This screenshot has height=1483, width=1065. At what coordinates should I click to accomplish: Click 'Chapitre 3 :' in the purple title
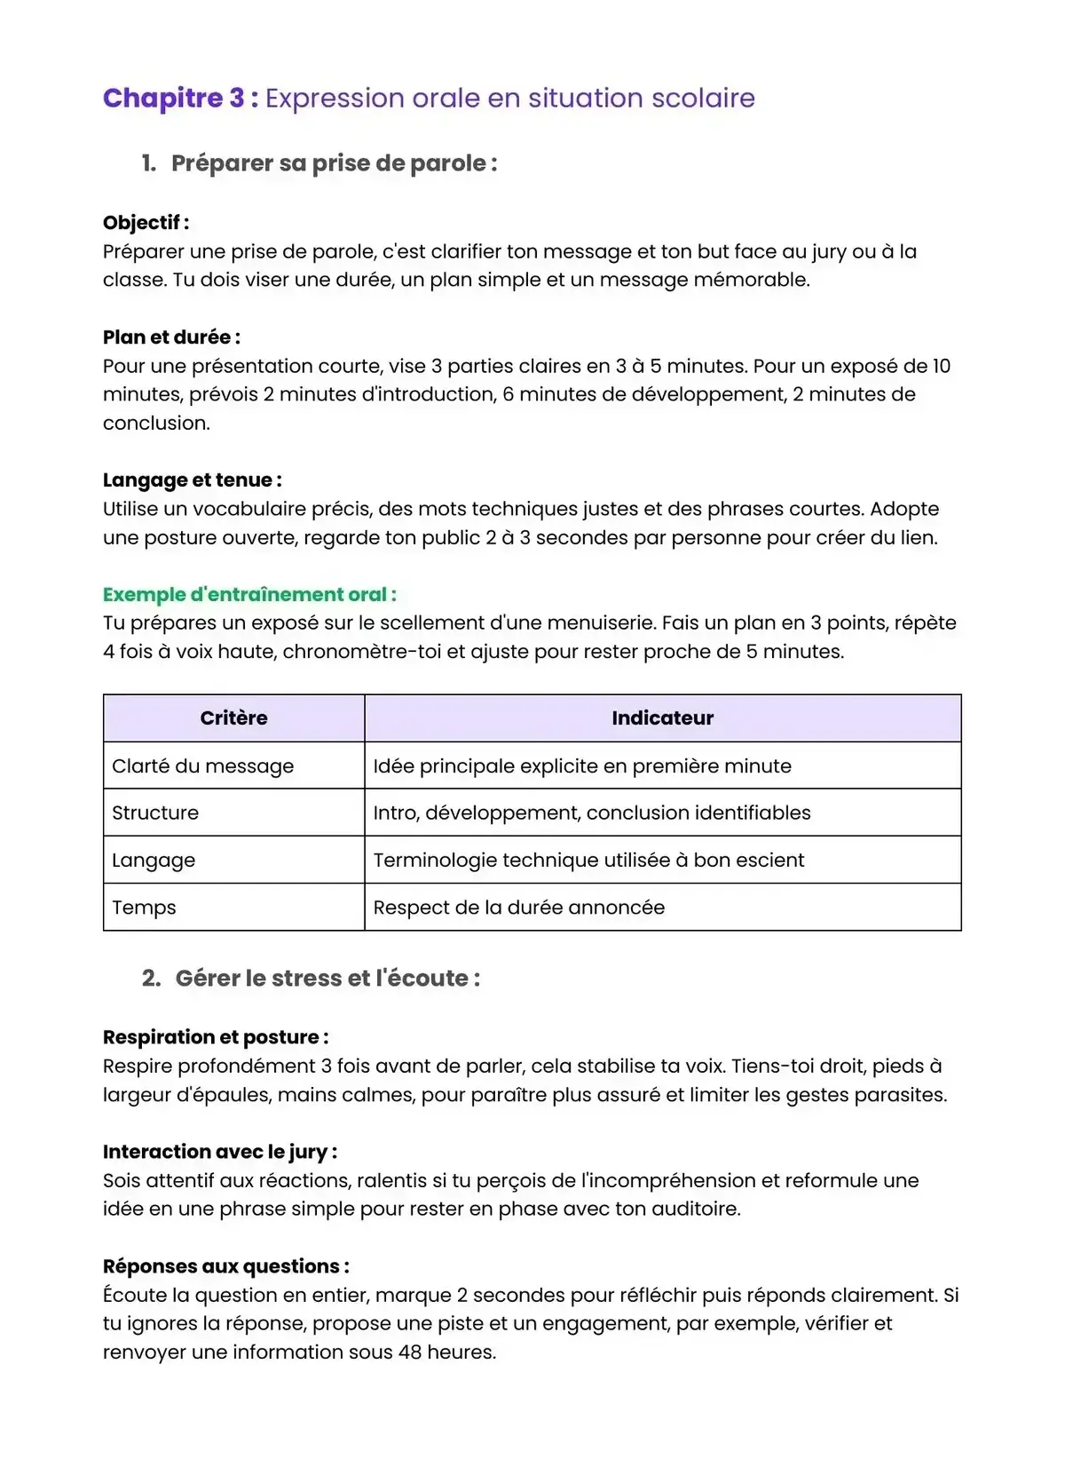tap(180, 98)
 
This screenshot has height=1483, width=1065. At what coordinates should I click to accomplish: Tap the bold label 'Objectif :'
tap(146, 223)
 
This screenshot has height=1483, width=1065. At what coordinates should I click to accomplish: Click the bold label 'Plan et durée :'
tap(171, 337)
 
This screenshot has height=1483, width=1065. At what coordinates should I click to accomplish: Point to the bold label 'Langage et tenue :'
tap(192, 480)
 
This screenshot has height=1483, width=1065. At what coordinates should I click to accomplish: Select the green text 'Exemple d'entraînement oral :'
tap(249, 595)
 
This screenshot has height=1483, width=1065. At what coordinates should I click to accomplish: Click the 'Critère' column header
tap(233, 718)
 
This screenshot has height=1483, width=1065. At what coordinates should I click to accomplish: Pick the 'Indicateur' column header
tap(662, 718)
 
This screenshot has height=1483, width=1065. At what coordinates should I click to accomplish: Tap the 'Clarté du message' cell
tap(202, 766)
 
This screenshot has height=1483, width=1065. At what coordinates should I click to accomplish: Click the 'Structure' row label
tap(155, 813)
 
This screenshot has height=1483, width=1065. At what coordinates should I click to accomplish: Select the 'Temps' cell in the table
tap(144, 908)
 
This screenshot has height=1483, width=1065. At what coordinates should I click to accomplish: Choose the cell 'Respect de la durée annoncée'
tap(518, 908)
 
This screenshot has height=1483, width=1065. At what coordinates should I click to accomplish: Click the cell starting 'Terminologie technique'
tap(588, 860)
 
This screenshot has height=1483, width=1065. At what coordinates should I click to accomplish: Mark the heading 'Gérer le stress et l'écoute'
tap(327, 979)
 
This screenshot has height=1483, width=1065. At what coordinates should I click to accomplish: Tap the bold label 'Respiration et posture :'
tap(216, 1037)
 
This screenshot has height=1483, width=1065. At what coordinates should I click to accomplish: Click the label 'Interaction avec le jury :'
tap(219, 1152)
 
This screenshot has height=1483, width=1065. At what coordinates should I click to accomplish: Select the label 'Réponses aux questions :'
tap(225, 1266)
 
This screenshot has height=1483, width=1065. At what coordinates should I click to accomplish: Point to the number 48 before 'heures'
tap(410, 1352)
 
